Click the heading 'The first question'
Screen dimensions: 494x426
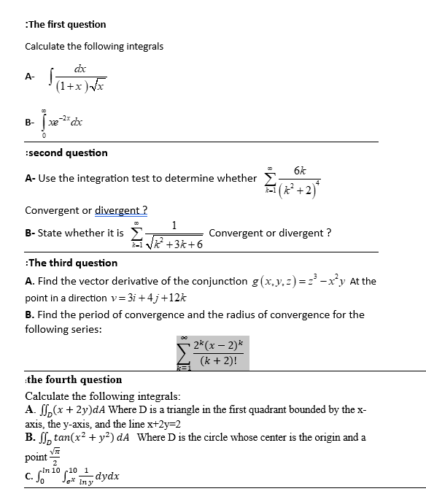[66, 24]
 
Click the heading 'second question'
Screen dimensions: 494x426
[67, 153]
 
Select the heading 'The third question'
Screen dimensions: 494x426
[71, 263]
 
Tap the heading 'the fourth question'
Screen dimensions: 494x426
[74, 379]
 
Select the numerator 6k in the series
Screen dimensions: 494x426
[300, 170]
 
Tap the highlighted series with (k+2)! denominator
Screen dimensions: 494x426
[210, 352]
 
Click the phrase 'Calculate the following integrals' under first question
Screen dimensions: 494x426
[94, 47]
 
